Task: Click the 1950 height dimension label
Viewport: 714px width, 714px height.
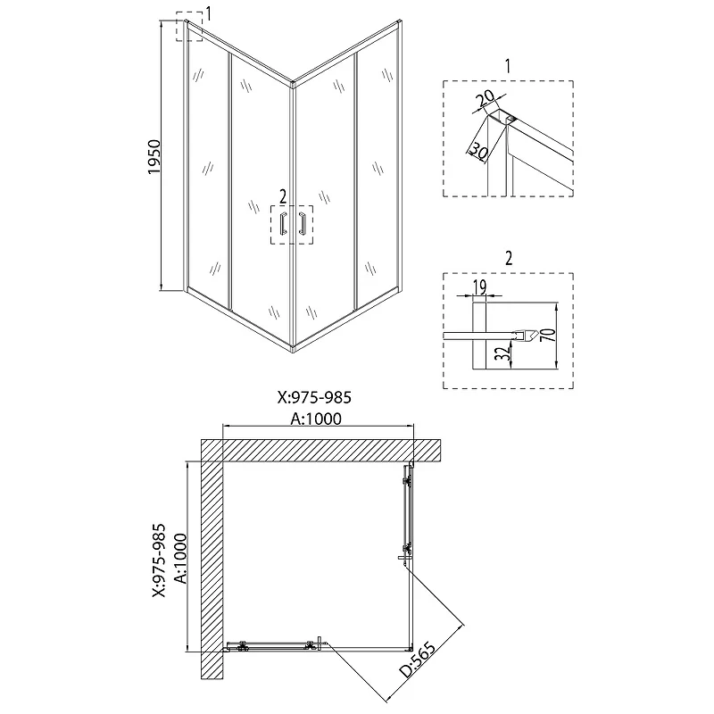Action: click(x=154, y=157)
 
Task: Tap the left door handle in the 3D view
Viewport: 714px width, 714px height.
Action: click(x=283, y=224)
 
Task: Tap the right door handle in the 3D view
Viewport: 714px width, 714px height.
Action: click(x=301, y=224)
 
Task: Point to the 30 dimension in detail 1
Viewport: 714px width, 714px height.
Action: click(x=477, y=151)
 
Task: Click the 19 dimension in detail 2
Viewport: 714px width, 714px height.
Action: click(x=480, y=287)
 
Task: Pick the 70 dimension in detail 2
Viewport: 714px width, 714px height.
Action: click(x=550, y=335)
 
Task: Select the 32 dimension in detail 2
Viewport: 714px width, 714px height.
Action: click(x=502, y=353)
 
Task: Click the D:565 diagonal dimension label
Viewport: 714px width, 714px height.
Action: click(x=417, y=660)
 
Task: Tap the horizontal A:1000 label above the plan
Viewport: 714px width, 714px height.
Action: click(x=316, y=419)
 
